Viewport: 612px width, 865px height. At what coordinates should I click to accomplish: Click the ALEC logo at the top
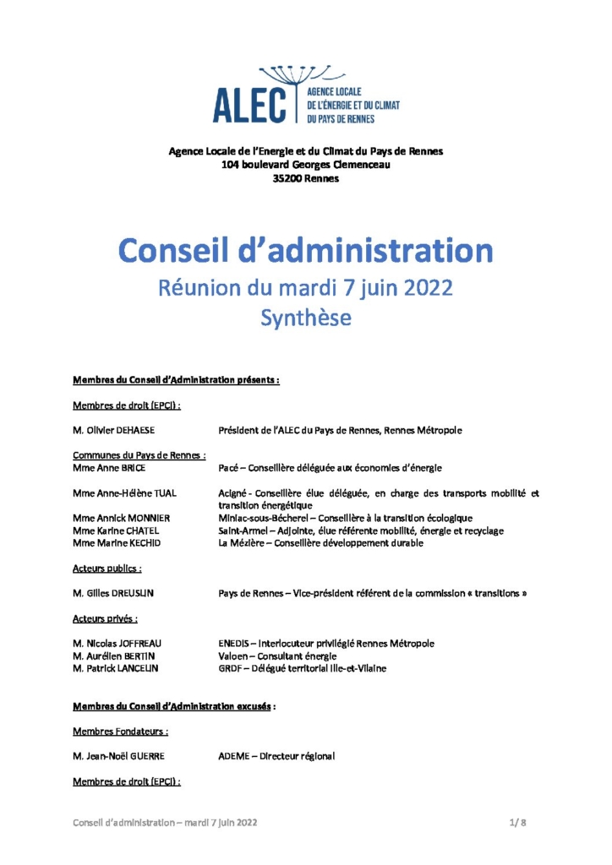(305, 95)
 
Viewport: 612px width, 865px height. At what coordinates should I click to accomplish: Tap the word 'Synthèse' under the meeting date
(305, 318)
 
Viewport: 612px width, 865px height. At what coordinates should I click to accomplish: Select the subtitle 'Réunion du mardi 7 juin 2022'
(305, 287)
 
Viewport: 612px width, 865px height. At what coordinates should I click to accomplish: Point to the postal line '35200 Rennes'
(305, 178)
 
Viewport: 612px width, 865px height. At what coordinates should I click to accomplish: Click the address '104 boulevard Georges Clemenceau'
(305, 165)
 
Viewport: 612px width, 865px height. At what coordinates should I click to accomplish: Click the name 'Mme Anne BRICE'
(108, 467)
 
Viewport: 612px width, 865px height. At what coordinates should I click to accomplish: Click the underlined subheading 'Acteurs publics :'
(107, 569)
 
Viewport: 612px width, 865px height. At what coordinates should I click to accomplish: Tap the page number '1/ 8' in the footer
(517, 822)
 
